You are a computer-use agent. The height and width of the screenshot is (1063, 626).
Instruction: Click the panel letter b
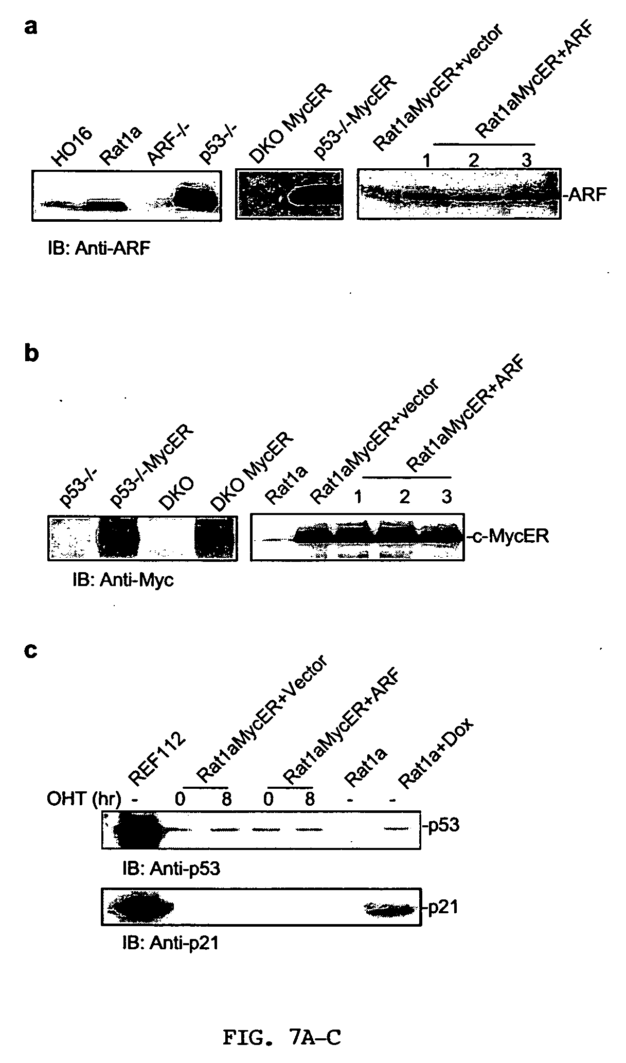pos(32,354)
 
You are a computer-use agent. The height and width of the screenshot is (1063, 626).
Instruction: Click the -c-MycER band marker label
pos(508,537)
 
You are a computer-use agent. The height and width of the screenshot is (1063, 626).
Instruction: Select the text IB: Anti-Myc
pos(123,580)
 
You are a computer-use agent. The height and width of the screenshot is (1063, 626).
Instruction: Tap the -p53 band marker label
pos(441,826)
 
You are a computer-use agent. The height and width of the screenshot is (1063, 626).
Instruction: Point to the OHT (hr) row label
pos(84,800)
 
